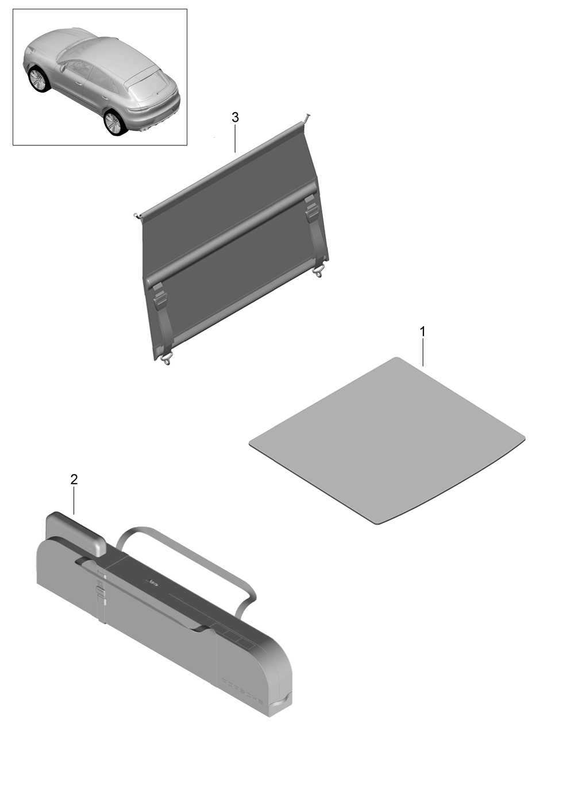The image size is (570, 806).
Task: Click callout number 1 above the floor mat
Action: click(422, 331)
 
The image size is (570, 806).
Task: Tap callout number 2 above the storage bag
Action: click(74, 479)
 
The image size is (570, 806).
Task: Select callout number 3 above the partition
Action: click(235, 117)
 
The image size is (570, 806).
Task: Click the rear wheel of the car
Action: click(114, 123)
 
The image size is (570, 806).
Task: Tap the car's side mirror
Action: click(63, 67)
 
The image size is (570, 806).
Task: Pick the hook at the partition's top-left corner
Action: click(136, 215)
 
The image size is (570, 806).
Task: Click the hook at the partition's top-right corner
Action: click(307, 118)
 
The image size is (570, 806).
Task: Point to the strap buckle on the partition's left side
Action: click(159, 296)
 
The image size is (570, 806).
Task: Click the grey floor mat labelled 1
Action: click(387, 440)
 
